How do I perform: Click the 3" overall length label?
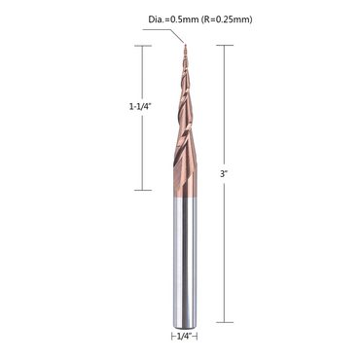coord(225,172)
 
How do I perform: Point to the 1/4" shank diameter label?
coord(181,337)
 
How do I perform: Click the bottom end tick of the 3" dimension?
coord(227,320)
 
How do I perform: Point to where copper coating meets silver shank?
coord(181,198)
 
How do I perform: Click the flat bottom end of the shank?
coord(181,319)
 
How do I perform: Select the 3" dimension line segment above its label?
coord(227,107)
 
